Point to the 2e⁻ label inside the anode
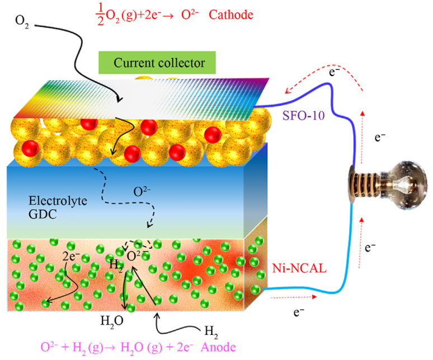[71, 258]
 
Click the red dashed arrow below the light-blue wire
[291, 298]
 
